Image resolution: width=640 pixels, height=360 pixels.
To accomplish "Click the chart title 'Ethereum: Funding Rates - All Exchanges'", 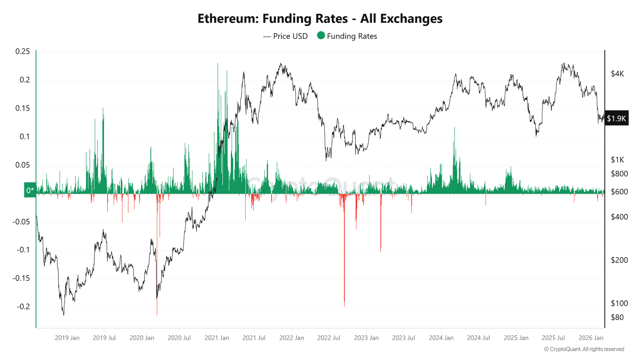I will coord(320,18).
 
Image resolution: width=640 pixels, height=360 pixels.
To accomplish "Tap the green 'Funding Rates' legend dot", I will coord(321,36).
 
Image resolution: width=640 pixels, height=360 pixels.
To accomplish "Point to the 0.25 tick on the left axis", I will coord(22,52).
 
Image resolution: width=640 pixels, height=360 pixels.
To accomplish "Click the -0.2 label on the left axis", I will coord(23,307).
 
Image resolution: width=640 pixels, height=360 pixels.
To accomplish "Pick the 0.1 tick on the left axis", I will coord(25,137).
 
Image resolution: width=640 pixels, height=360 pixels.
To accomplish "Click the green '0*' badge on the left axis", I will coord(30,190).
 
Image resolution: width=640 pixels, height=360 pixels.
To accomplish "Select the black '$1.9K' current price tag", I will coord(616,118).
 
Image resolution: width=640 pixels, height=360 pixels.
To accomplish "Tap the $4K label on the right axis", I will coord(617,74).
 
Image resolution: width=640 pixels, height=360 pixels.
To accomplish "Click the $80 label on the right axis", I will coord(617,317).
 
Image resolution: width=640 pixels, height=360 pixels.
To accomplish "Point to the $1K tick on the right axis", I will coord(617,160).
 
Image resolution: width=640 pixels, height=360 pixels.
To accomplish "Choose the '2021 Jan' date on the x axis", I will coord(217,338).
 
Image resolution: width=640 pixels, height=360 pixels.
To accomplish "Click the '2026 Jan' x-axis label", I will coord(591,338).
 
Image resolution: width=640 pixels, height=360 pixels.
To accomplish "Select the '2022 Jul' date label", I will coord(328,338).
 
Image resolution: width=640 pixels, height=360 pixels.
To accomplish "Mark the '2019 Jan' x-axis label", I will coord(67,338).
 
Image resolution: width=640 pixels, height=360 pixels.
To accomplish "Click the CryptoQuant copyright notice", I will coord(584,349).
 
